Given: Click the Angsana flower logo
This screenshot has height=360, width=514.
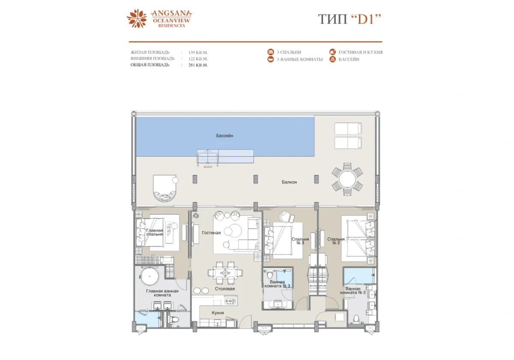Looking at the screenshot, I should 137,19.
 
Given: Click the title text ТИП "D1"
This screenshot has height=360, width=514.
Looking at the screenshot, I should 349,19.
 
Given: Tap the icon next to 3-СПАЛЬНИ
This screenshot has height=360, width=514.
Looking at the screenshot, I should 270,52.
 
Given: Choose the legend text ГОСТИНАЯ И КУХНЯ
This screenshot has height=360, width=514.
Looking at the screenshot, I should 360,52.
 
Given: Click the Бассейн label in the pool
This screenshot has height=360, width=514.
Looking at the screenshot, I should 224,135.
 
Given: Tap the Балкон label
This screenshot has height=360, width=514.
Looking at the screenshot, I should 289,182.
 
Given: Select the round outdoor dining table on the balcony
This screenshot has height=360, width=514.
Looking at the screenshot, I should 347,180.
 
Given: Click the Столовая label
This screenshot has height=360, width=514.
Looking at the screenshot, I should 225,289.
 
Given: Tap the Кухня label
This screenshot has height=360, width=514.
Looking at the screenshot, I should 218,313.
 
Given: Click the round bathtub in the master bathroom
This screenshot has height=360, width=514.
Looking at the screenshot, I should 150,276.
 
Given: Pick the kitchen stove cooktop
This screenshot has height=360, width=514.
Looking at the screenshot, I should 230,302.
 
